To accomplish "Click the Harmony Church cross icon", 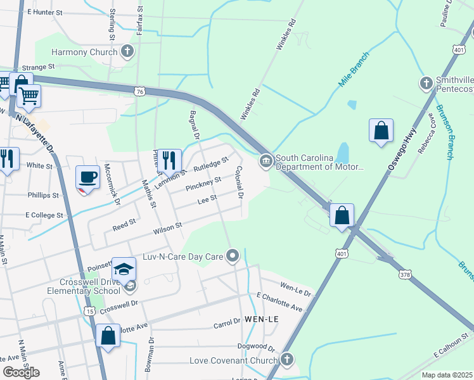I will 127,51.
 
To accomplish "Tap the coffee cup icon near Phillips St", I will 87,177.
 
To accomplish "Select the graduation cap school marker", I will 124,268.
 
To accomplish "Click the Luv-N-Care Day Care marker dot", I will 233,256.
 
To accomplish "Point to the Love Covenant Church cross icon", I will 287,360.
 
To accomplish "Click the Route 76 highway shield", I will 140,92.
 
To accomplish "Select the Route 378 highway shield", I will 405,275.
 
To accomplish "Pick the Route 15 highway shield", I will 88,311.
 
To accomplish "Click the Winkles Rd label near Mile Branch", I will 251,104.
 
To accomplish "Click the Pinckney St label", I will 203,184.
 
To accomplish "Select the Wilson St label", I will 167,227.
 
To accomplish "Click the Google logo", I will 21,371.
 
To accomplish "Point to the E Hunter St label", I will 45,12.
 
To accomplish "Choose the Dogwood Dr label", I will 256,348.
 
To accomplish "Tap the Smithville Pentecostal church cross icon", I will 426,83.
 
